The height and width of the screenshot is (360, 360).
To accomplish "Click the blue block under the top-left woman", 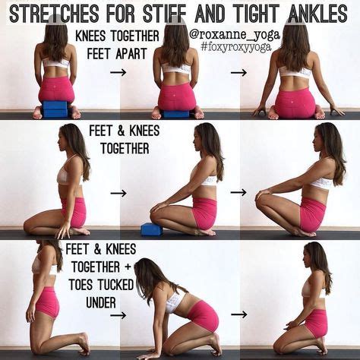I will pyautogui.click(x=55, y=109).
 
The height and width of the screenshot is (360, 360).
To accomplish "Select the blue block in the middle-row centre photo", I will pyautogui.click(x=151, y=229).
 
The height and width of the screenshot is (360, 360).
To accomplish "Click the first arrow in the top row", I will pyautogui.click(x=118, y=73).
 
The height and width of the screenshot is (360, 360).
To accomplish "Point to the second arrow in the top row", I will pyautogui.click(x=239, y=73).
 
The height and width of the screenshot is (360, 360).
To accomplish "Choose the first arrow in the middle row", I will pyautogui.click(x=118, y=193).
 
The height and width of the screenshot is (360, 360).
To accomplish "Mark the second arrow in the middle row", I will pyautogui.click(x=239, y=192).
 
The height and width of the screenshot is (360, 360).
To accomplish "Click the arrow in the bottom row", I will pyautogui.click(x=239, y=314).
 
